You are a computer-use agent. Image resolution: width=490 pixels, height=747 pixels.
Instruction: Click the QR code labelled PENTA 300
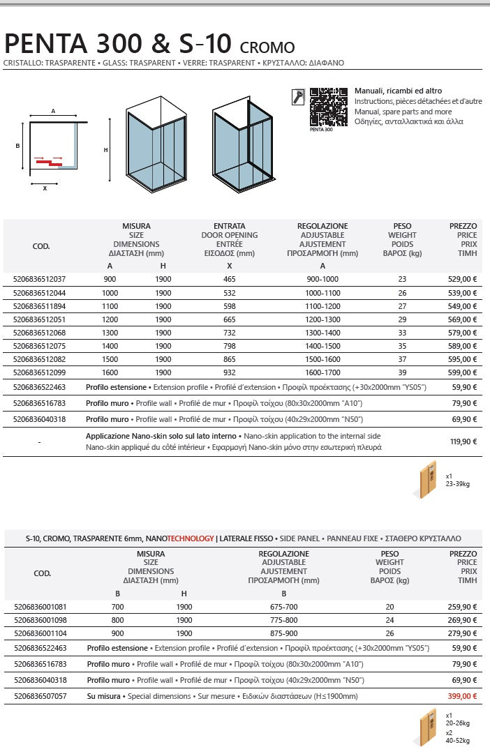[328, 106]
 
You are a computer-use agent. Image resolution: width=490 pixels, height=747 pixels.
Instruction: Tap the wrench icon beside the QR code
[297, 97]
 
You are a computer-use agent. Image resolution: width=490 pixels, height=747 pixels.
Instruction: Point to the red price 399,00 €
[463, 696]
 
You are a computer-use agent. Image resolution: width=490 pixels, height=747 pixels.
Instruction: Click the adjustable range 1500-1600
[322, 359]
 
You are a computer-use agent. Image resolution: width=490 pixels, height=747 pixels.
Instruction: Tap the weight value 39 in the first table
[402, 372]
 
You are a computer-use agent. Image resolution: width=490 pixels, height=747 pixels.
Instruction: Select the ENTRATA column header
[229, 227]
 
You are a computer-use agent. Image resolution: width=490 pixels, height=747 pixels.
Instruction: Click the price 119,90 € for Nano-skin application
[463, 441]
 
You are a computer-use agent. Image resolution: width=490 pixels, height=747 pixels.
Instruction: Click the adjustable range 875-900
[283, 633]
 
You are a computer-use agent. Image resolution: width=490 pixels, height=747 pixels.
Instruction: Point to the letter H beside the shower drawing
[106, 150]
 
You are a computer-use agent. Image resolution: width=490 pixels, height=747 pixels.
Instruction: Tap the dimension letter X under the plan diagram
[45, 188]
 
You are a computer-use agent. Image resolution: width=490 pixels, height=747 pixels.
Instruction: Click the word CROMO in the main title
[267, 48]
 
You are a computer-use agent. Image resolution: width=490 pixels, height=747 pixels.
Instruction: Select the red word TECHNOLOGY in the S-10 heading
[190, 538]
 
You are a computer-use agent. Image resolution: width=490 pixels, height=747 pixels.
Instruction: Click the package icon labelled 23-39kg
[427, 480]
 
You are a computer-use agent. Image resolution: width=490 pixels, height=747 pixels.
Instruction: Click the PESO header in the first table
[402, 227]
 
